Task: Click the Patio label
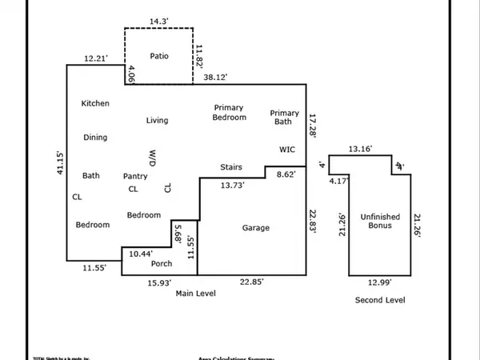(x=158, y=56)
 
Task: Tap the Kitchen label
(x=95, y=103)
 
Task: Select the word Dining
(x=95, y=138)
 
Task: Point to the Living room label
(x=157, y=121)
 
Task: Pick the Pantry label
(x=135, y=176)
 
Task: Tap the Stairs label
(x=232, y=167)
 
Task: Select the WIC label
(x=287, y=149)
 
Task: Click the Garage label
(x=255, y=228)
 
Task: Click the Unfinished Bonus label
(x=379, y=222)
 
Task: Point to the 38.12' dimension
(x=214, y=78)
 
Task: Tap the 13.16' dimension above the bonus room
(x=361, y=149)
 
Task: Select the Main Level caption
(x=196, y=294)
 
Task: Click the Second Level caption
(x=380, y=300)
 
